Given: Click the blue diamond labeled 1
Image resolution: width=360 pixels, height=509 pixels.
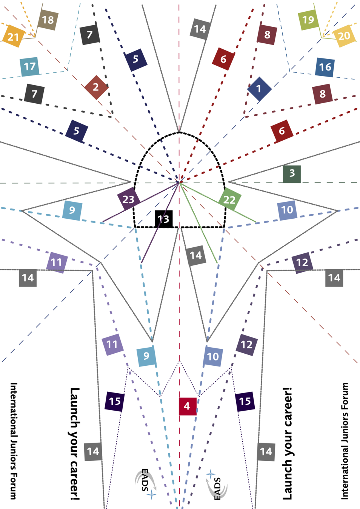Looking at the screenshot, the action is pos(259,89).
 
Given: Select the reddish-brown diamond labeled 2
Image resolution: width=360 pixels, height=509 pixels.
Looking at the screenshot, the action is pos(96,87).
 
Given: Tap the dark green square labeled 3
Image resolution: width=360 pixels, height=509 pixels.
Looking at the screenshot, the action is pos(292,174).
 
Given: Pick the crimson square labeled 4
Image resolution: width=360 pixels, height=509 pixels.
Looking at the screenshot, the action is pos(187,406).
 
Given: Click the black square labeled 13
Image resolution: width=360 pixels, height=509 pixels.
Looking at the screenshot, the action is pos(163,219).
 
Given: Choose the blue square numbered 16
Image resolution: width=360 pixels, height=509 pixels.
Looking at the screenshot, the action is pos(325,67).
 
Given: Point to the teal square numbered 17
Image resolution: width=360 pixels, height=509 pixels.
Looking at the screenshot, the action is pos(29,67).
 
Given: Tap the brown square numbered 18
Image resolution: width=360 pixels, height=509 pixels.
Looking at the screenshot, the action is pos(48,20).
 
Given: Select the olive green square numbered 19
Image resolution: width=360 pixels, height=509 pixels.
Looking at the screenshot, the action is pos(308,20).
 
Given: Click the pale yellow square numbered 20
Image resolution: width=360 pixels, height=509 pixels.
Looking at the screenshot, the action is pos(344,36).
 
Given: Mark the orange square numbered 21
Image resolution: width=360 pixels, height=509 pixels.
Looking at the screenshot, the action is pos(13,37).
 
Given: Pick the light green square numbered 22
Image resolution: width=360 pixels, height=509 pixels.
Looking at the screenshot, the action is pos(229,199).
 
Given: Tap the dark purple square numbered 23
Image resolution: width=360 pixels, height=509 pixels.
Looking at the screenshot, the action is pos(128,199).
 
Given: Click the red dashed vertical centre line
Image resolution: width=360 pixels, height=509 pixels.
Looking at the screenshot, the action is pos(179,302).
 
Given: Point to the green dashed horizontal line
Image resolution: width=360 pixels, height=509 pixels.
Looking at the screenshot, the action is pos(57,183).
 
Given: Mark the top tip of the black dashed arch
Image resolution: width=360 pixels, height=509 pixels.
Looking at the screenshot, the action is pos(179,132).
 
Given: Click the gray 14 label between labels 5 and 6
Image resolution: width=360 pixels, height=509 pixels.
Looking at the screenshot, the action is pos(200,29).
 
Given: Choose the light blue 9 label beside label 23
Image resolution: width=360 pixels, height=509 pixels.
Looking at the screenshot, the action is pos(72,210).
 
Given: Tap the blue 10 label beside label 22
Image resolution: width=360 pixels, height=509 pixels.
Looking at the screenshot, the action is pos(287,210).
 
